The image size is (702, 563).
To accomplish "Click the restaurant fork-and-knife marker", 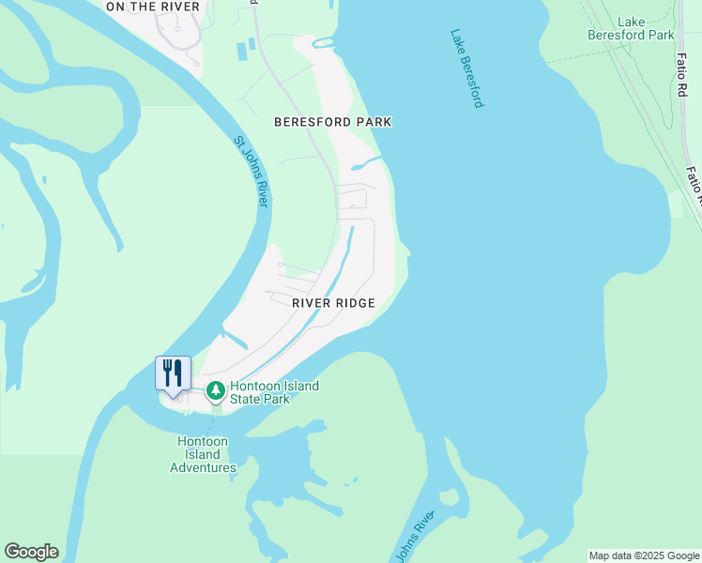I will [173, 373].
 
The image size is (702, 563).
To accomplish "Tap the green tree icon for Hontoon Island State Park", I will [216, 389].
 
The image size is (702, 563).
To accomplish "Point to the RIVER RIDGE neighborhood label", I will [333, 303].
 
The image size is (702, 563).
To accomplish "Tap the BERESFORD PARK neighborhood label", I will [332, 122].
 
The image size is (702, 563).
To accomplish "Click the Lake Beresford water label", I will [466, 68].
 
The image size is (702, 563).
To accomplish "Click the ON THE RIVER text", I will [153, 7].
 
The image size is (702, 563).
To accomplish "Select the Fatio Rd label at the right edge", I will [694, 186].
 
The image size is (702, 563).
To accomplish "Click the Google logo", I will [31, 552].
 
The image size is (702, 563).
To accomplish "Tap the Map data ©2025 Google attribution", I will [644, 555].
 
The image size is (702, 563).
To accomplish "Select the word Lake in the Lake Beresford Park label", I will [631, 22].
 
